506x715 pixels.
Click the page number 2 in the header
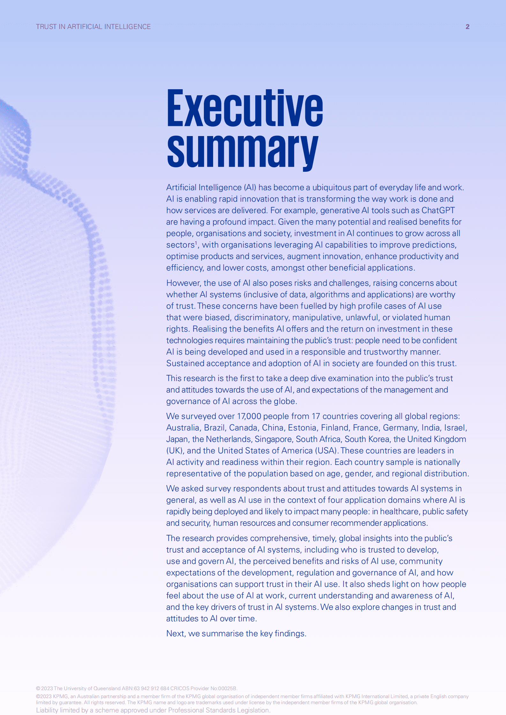(x=467, y=27)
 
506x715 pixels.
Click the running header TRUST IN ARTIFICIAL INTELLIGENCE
(x=93, y=27)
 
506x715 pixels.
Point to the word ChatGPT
(x=438, y=211)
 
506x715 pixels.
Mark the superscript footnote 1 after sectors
(x=196, y=243)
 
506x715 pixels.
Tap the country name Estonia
(x=302, y=428)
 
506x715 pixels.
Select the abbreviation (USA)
(x=326, y=451)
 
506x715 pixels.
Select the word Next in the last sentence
(x=175, y=634)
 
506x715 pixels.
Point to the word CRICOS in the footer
(x=180, y=689)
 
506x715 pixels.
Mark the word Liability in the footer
(x=47, y=710)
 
